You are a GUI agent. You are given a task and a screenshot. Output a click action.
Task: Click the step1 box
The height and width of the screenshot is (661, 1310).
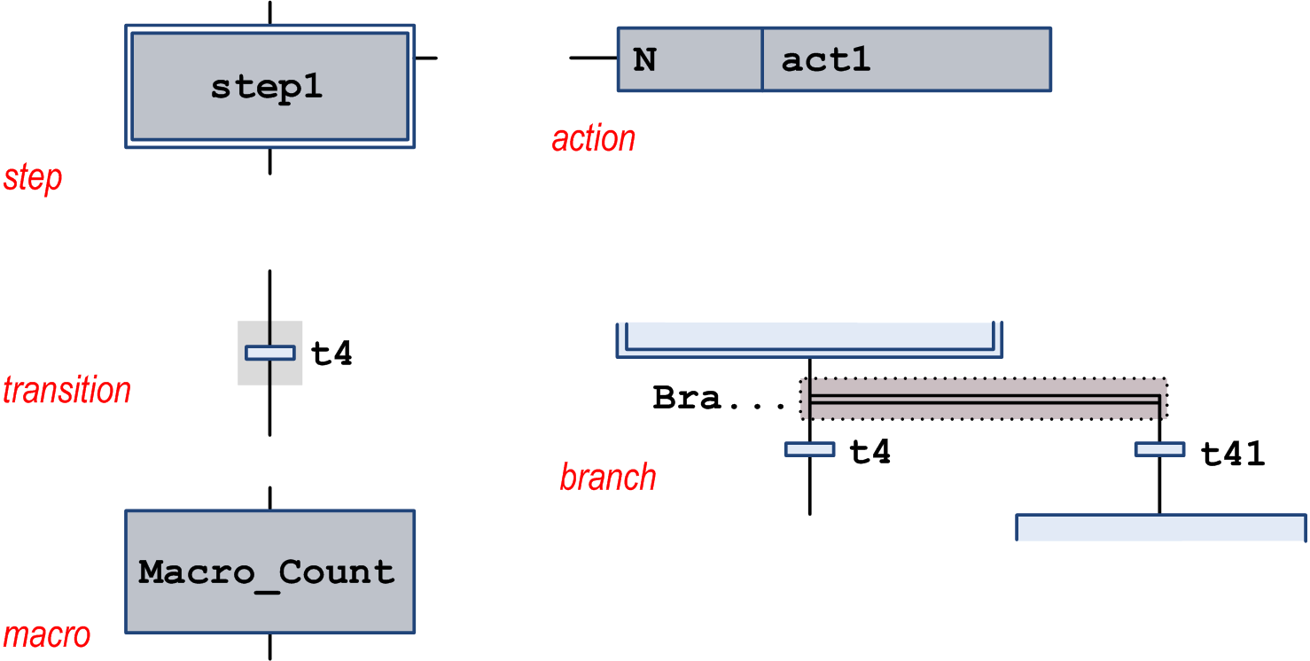click(x=269, y=87)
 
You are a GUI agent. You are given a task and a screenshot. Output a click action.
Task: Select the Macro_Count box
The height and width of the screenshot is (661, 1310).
click(x=269, y=572)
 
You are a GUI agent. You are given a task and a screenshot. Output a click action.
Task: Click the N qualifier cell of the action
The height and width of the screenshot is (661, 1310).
click(x=689, y=59)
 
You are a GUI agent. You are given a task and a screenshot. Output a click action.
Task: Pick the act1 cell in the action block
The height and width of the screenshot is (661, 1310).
click(x=906, y=59)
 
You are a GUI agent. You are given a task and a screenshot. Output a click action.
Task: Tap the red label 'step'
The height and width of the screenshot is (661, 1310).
click(x=33, y=178)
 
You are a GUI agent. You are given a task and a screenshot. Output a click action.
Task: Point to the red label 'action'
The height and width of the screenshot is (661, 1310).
click(x=593, y=139)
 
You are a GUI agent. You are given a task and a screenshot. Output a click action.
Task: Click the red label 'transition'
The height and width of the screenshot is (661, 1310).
click(x=66, y=391)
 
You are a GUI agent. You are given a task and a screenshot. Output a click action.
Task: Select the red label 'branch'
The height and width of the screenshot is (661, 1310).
click(x=608, y=478)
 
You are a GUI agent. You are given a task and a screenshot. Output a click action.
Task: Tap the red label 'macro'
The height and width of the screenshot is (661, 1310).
click(x=46, y=635)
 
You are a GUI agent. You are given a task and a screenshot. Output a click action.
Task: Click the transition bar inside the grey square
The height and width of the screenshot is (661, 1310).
click(x=269, y=353)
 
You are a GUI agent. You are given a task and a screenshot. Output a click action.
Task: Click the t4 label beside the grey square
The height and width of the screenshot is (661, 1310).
click(x=332, y=354)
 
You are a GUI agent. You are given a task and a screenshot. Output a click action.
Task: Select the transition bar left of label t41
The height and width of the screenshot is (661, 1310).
click(x=1159, y=449)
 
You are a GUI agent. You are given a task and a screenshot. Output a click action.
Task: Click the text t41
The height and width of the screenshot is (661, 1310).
click(x=1232, y=454)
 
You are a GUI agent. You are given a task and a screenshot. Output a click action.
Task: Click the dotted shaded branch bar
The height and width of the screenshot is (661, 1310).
click(x=984, y=399)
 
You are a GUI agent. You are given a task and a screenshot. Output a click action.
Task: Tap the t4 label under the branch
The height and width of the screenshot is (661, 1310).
click(x=869, y=452)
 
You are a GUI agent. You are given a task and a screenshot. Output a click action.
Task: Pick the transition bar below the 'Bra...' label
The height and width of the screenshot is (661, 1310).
click(x=809, y=449)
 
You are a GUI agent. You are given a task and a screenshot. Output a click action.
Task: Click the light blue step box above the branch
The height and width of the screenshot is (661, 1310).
click(x=809, y=338)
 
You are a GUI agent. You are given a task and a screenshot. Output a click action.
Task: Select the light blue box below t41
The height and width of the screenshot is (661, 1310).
click(x=1160, y=527)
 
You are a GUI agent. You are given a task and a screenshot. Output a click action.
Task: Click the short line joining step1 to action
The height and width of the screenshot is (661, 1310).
click(x=426, y=58)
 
